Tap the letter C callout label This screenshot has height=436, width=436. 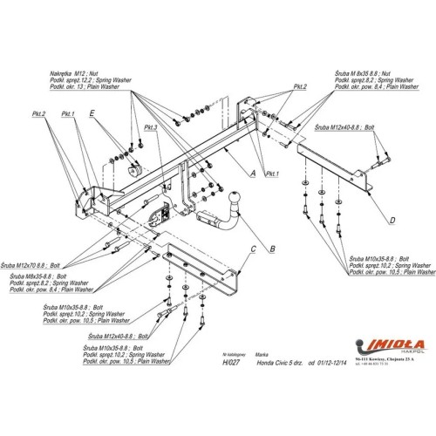[252, 249]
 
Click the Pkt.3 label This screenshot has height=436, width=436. [150, 127]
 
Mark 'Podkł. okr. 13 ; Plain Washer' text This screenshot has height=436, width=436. [92, 78]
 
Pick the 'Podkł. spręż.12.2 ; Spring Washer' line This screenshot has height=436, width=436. [95, 71]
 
